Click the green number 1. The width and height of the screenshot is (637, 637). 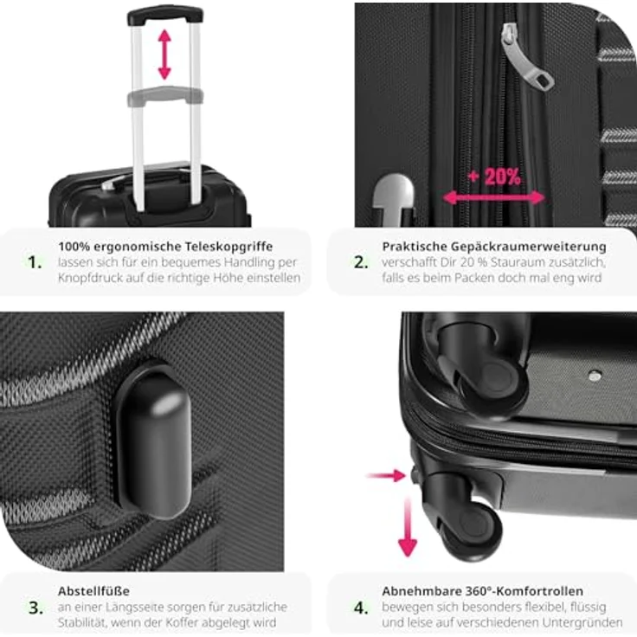click(x=34, y=262)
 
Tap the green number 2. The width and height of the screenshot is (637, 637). click(x=359, y=262)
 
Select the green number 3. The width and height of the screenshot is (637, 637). click(x=34, y=608)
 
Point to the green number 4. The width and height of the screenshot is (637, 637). click(x=359, y=608)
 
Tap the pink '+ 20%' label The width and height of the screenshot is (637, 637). click(x=494, y=177)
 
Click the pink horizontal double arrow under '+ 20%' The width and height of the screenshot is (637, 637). click(x=494, y=197)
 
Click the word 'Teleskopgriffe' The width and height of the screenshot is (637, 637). click(x=232, y=246)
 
